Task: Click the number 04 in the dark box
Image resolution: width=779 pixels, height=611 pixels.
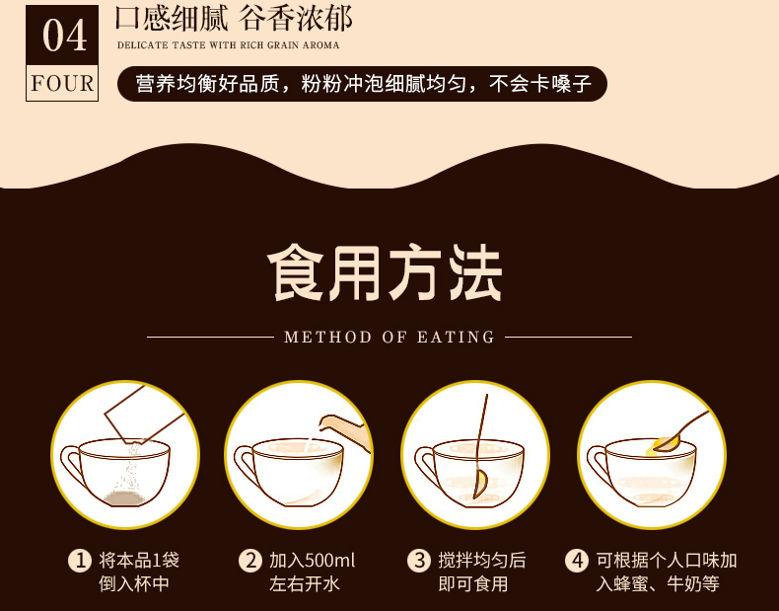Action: click(62, 37)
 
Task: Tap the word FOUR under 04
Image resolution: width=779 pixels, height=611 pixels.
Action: click(62, 83)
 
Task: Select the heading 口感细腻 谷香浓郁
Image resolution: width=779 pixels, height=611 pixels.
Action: click(234, 20)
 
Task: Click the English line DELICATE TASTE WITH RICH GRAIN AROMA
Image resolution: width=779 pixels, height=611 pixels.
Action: click(227, 45)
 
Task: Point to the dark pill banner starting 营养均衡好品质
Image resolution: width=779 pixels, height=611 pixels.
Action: click(361, 84)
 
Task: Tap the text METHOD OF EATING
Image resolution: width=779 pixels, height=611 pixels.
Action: click(389, 338)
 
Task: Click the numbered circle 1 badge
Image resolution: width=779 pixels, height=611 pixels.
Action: click(79, 561)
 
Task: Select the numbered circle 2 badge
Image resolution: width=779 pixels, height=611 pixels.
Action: click(250, 561)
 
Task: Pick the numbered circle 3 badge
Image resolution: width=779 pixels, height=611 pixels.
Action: click(419, 561)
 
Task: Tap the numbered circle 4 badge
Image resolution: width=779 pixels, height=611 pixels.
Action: click(576, 561)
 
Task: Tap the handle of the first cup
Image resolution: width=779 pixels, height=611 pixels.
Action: click(72, 464)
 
